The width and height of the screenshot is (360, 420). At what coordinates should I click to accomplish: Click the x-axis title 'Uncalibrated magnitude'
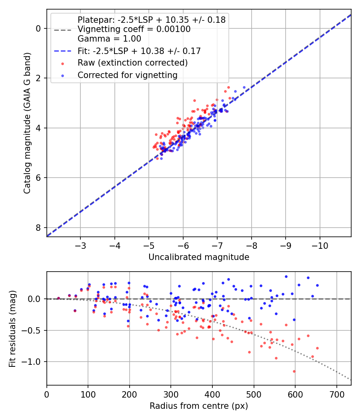point(199,257)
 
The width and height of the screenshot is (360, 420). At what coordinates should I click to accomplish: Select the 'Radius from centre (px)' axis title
point(199,406)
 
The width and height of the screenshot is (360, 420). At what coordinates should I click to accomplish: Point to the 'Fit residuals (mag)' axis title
point(12,328)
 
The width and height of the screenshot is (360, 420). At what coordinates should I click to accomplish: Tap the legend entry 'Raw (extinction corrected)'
point(132,63)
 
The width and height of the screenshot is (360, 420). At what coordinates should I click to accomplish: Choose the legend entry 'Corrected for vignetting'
point(127,75)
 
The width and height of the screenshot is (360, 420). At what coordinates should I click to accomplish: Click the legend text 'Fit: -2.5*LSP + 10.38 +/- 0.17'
point(139,51)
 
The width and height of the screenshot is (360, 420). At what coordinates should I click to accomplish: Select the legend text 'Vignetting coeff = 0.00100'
point(134,29)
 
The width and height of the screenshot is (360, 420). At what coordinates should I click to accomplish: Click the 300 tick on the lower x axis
point(171,394)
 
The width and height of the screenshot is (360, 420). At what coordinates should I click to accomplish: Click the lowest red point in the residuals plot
point(294,371)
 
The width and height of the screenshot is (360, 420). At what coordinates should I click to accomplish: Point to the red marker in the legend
point(62,63)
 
